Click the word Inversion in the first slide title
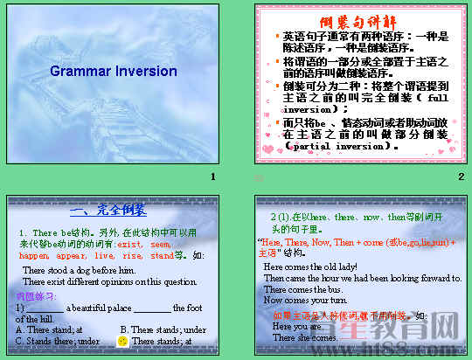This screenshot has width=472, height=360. click(145, 72)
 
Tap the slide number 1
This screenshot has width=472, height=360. click(212, 177)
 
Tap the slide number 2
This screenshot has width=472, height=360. click(461, 177)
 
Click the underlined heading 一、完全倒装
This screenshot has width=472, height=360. click(108, 210)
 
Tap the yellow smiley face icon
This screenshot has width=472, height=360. click(123, 340)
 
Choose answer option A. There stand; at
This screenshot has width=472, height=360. click(50, 329)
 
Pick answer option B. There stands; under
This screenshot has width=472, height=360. click(163, 329)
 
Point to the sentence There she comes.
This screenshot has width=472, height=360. click(305, 337)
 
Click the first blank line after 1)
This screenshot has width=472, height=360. click(44, 308)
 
